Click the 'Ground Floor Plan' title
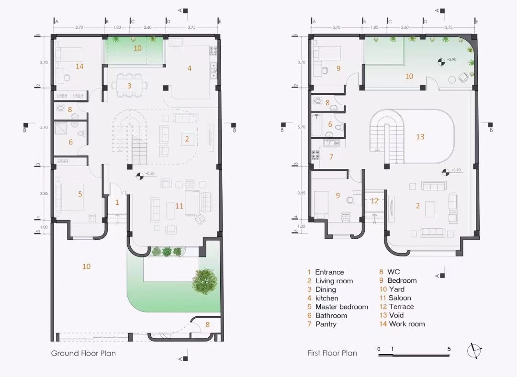[x=83, y=354]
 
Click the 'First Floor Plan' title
[x=332, y=353]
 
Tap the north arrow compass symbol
[x=474, y=351]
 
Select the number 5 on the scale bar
[x=449, y=349]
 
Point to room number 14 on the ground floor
[x=79, y=66]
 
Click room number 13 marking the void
[x=420, y=136]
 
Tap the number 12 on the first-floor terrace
[x=374, y=200]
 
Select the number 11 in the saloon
[x=179, y=206]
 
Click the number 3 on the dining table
[x=130, y=86]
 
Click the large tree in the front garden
[x=205, y=281]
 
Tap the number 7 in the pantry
[x=331, y=157]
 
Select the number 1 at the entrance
[x=117, y=202]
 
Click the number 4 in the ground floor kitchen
[x=189, y=68]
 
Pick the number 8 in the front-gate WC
[x=207, y=324]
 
